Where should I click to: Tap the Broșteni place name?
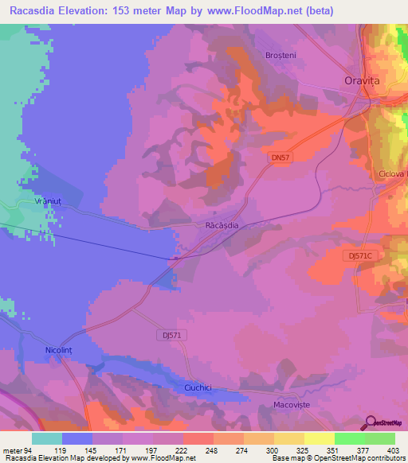point(280,55)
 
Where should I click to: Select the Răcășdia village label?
point(222,226)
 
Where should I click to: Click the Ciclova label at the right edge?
point(393,173)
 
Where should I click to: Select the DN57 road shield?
point(279,159)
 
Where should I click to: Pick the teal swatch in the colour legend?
point(47,438)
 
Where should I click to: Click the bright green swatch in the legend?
point(350,438)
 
